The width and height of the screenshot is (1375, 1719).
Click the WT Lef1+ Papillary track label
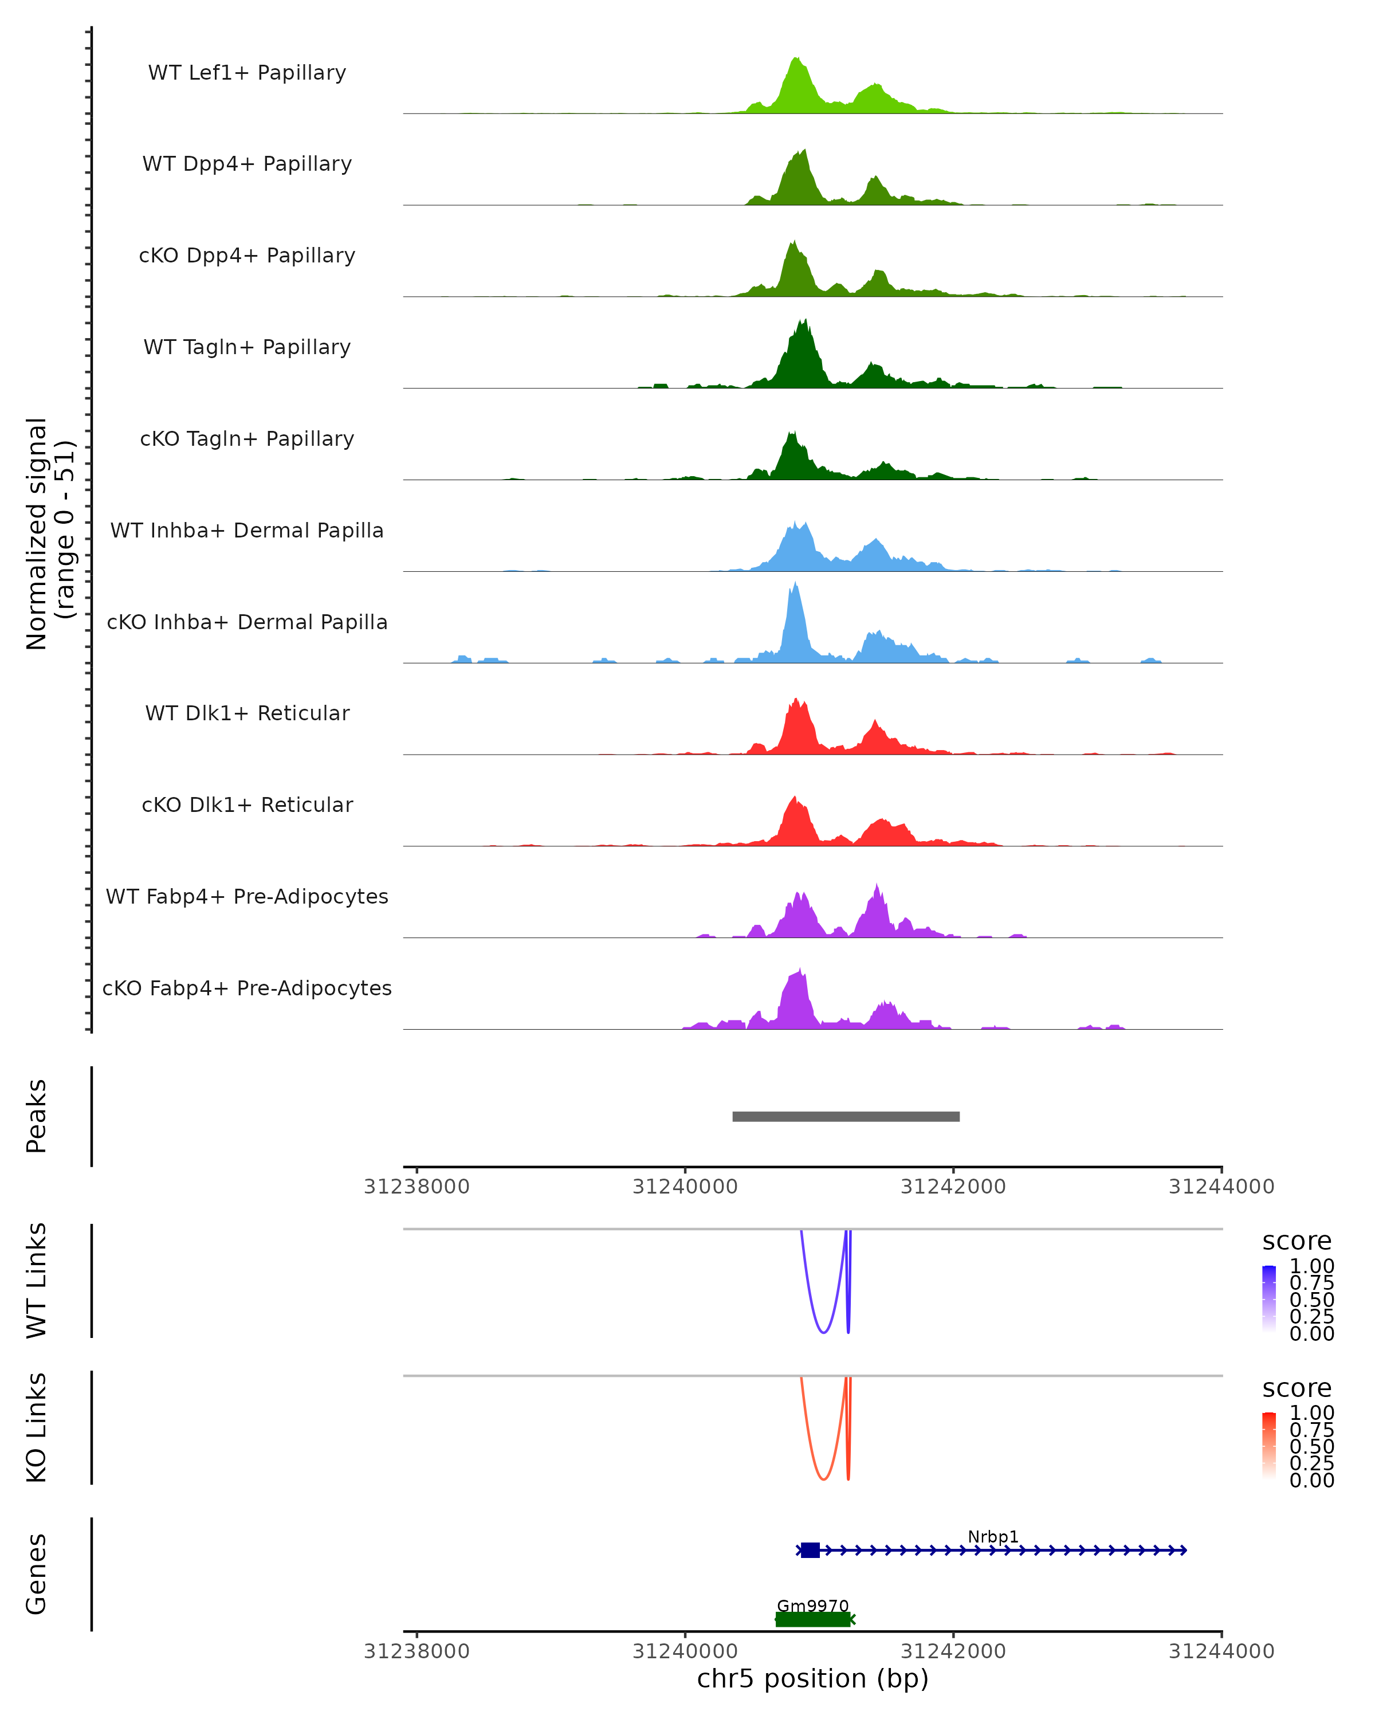247,73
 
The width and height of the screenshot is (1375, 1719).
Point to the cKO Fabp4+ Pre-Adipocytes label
247,988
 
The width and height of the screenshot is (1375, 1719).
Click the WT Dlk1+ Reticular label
247,713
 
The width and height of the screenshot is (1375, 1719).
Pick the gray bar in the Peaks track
846,1116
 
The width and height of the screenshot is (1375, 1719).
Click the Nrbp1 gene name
992,1536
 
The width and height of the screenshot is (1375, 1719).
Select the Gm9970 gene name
812,1606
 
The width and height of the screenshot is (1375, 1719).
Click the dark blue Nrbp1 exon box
810,1550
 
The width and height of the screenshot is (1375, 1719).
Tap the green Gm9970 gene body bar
812,1619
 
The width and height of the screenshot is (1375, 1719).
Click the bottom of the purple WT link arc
823,1332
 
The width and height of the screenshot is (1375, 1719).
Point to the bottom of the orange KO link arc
823,1479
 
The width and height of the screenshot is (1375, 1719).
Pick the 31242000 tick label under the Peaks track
953,1187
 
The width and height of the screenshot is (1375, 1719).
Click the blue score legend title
1296,1242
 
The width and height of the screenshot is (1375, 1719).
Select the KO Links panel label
37,1427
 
